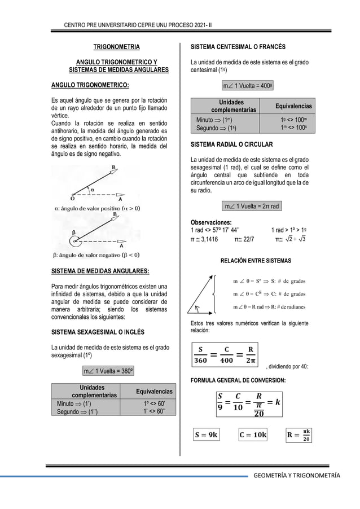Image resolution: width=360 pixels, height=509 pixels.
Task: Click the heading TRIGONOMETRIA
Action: pyautogui.click(x=117, y=46)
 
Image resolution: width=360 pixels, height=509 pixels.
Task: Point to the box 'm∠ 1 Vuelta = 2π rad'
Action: pyautogui.click(x=251, y=206)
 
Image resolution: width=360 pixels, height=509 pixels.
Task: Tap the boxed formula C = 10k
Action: pyautogui.click(x=253, y=435)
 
